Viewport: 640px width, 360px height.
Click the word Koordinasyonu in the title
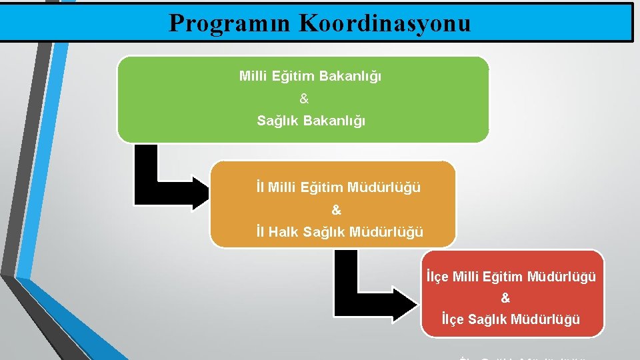point(385,23)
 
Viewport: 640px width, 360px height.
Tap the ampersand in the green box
point(304,99)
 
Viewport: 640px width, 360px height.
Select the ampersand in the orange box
point(336,210)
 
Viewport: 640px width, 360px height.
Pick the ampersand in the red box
point(505,298)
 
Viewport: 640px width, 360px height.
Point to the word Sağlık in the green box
point(277,121)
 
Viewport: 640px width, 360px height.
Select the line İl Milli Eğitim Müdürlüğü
point(339,188)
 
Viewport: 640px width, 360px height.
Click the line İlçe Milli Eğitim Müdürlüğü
point(511,276)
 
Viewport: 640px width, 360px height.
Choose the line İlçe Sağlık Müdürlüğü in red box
point(511,319)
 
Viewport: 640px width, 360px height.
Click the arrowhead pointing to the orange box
point(200,193)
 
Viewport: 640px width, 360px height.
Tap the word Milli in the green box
point(253,77)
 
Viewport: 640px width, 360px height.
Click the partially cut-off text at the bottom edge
point(523,357)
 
